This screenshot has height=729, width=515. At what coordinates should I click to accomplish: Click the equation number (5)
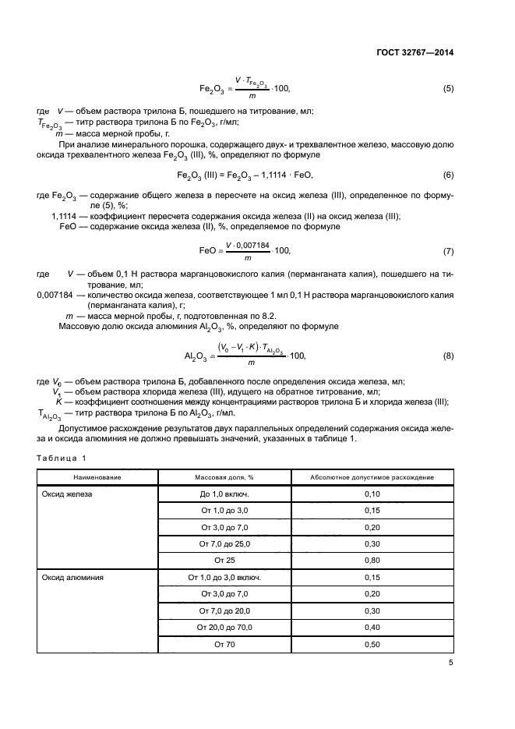pos(448,89)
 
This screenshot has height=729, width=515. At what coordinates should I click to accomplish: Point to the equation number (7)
pos(448,251)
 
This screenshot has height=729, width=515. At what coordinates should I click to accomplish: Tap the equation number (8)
pos(448,356)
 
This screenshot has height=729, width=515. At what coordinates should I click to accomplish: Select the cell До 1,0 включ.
pos(224,494)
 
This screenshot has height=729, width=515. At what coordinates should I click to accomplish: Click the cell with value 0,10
pos(372,494)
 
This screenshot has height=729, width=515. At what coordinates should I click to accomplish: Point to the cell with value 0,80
pos(372,561)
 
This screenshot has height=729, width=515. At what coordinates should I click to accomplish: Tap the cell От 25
pos(224,561)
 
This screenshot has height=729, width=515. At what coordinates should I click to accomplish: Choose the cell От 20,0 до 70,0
pos(224,628)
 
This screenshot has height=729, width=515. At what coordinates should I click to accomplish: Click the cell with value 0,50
pos(372,644)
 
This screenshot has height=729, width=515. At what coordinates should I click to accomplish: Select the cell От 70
pos(224,644)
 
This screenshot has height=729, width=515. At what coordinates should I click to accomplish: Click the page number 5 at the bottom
pos(450,664)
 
